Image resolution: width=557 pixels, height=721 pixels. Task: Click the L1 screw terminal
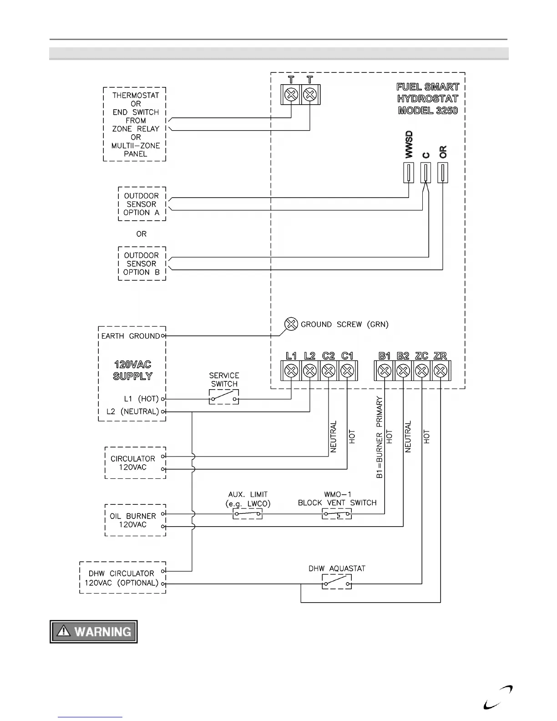(291, 371)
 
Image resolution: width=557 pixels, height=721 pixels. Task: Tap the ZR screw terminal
(440, 371)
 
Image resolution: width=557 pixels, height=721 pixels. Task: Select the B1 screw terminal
(385, 371)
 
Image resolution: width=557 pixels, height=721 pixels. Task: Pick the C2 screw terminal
(329, 371)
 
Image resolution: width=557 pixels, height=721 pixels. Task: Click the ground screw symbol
(291, 324)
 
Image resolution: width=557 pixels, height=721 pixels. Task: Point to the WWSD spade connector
(409, 173)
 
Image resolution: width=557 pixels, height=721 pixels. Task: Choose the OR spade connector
(443, 173)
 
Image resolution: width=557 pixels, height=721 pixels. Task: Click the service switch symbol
(224, 397)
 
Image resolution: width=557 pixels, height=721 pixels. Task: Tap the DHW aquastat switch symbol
(337, 582)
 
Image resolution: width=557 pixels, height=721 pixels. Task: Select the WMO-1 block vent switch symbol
(337, 514)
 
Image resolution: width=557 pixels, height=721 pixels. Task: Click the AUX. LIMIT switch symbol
(248, 514)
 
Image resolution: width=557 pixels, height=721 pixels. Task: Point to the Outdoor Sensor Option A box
(142, 204)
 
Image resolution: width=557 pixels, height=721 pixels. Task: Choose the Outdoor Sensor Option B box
(142, 264)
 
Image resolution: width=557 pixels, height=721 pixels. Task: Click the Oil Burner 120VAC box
(135, 520)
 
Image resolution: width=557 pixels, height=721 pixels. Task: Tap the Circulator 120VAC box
(135, 463)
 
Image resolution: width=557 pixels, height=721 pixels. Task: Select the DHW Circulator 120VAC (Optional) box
(122, 578)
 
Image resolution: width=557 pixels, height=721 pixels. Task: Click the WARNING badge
(94, 632)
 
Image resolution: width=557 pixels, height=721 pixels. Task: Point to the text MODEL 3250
(428, 111)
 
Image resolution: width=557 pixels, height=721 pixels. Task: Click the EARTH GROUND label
(131, 336)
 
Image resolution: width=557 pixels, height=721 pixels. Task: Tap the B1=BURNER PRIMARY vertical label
(380, 437)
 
